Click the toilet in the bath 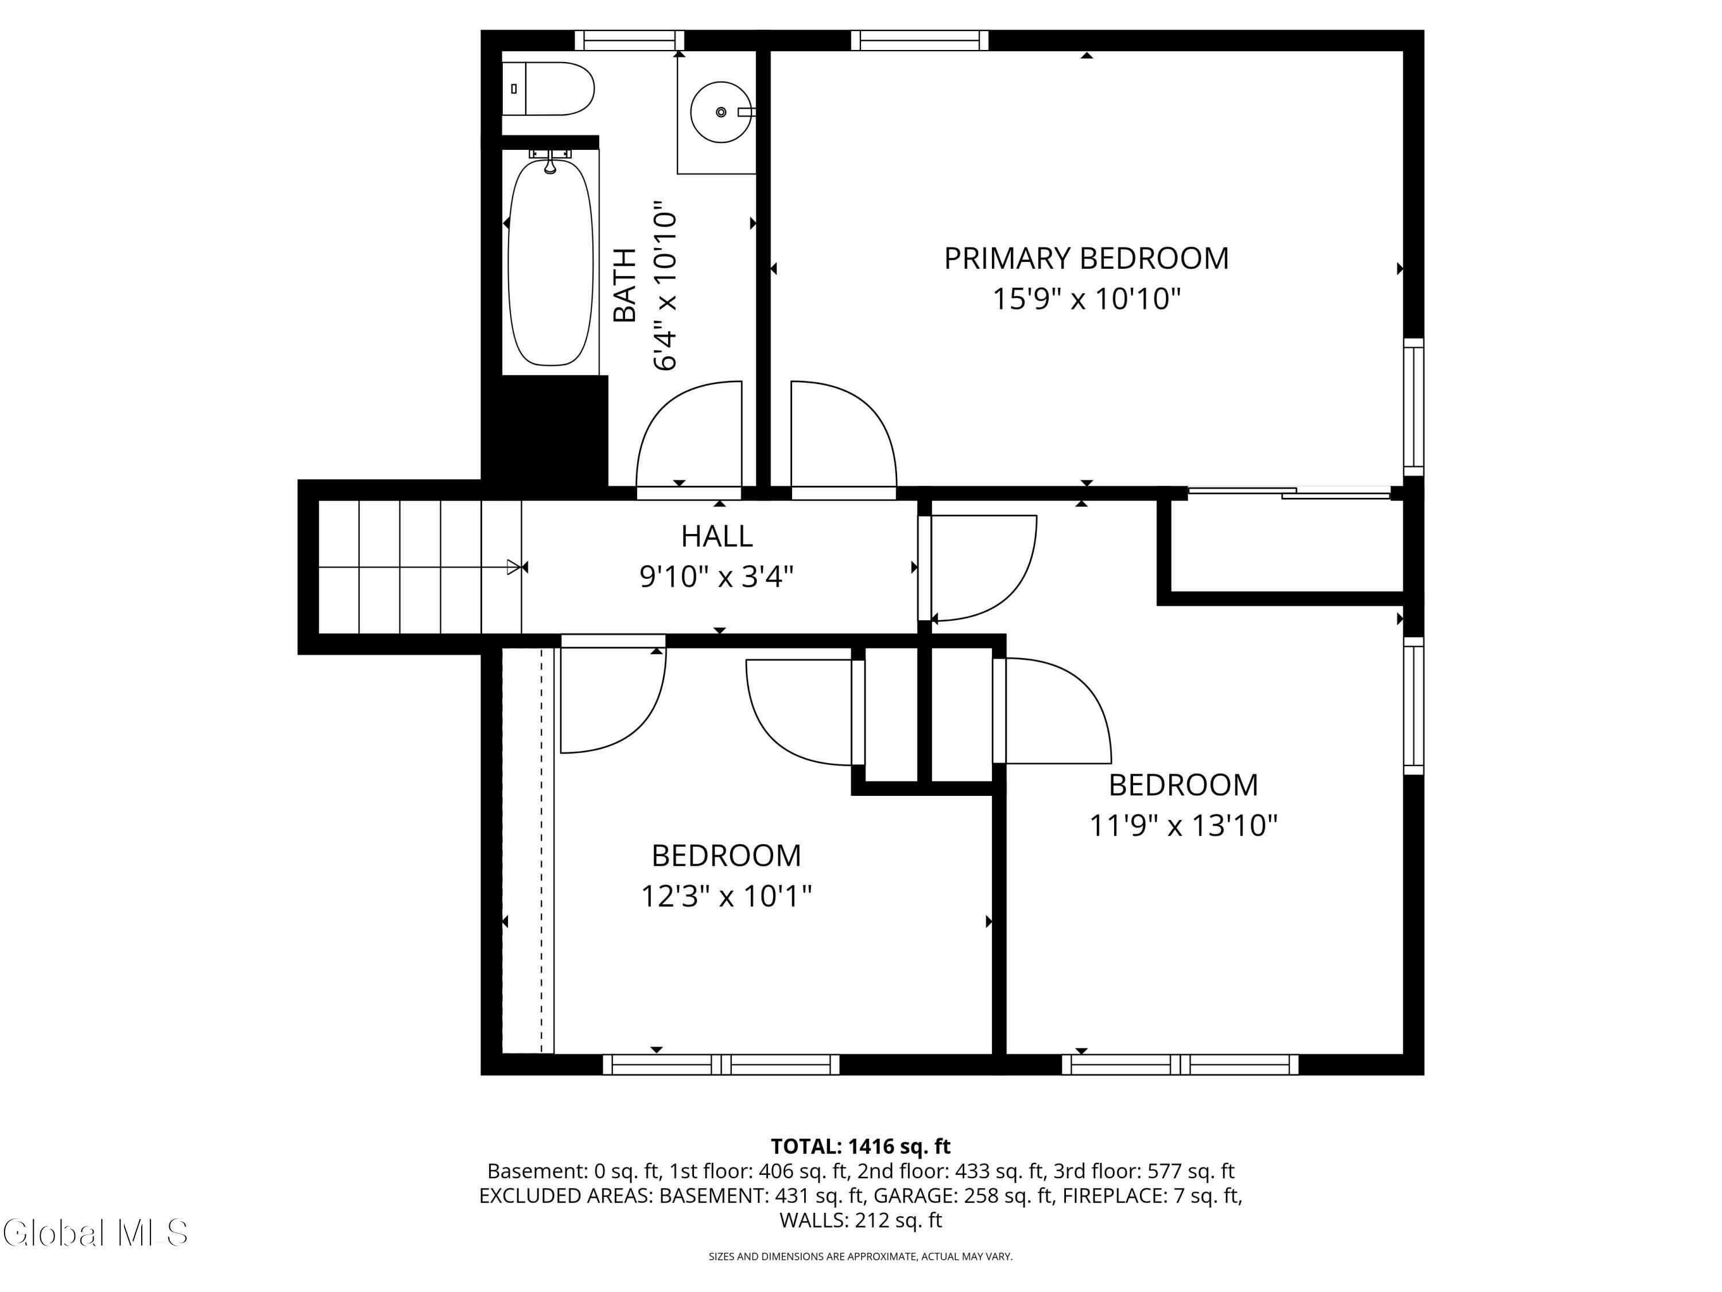tap(548, 89)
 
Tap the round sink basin tap(721, 112)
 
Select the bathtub tap(550, 262)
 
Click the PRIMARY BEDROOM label tap(1086, 258)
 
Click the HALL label tap(717, 536)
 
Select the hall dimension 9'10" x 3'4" tap(717, 577)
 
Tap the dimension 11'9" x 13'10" tap(1183, 826)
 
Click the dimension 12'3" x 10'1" tap(726, 896)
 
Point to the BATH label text tap(625, 285)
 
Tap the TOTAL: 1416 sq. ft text tap(860, 1146)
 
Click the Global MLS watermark tap(95, 1233)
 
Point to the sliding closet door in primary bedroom tap(1289, 492)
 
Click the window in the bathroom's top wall tap(630, 41)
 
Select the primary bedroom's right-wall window tap(1414, 407)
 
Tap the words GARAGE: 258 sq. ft tap(963, 1196)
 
